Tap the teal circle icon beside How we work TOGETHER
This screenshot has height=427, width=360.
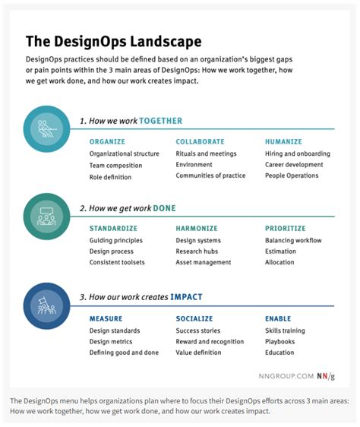pos(47,128)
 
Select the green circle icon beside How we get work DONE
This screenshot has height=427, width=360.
pos(47,216)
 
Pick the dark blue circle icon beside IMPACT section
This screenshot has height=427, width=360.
pos(47,304)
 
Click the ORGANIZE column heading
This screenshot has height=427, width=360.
pos(107,141)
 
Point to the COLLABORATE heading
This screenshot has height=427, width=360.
pos(200,141)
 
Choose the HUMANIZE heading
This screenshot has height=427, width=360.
pos(283,141)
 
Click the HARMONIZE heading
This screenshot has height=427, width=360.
pos(197,228)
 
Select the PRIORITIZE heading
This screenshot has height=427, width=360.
pos(285,228)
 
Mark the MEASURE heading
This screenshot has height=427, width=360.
pos(106,319)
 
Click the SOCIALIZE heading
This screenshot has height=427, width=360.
pos(195,319)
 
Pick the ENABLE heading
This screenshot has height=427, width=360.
pos(278,319)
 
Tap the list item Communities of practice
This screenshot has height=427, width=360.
pos(210,176)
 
